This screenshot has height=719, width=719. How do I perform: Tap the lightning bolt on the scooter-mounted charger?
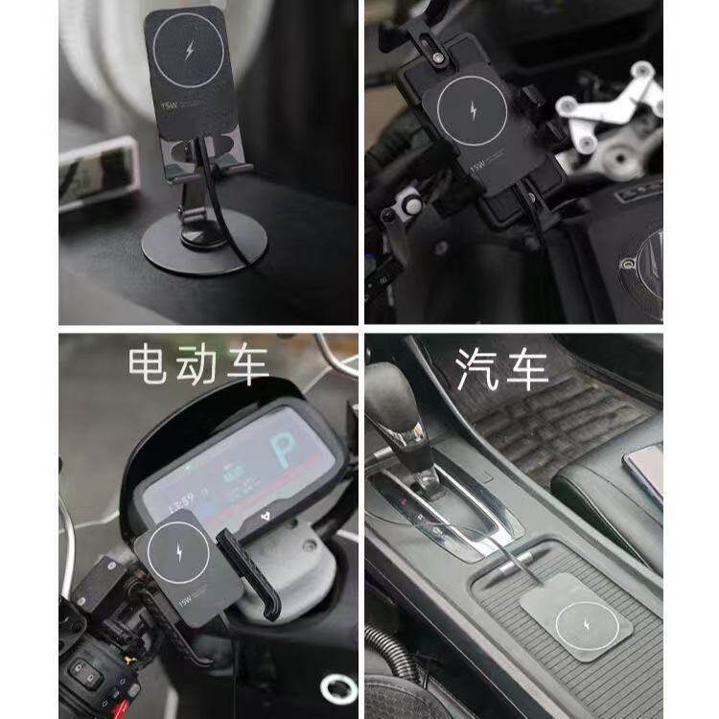click(x=187, y=557)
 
